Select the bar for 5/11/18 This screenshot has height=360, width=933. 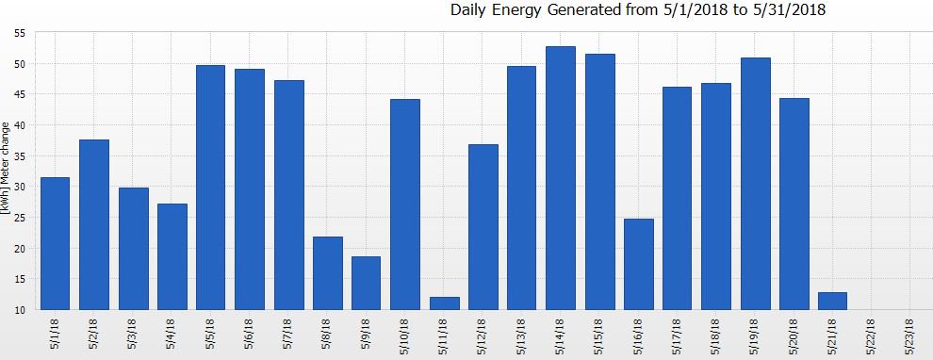coord(444,303)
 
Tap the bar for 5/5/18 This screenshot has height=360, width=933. coord(210,187)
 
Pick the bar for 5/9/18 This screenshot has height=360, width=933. coord(366,283)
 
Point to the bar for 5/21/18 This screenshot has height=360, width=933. coord(832,301)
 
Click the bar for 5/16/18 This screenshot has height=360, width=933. coord(638,264)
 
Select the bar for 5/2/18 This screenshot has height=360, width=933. coord(94,224)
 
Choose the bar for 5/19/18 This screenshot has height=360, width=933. coord(755,183)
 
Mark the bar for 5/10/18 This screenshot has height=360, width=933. coord(405,204)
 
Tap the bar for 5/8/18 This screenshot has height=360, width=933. coord(327,272)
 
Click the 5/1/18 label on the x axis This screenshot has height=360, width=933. coord(55,335)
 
